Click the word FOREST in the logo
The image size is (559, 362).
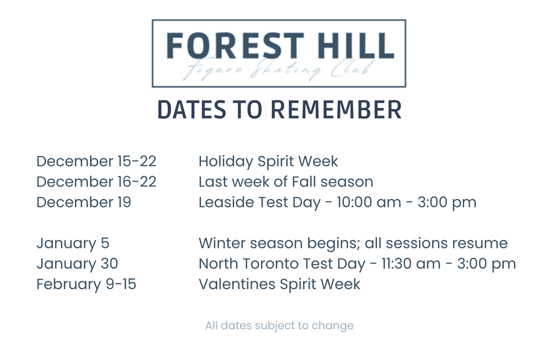(x=235, y=46)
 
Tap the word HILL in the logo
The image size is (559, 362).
(x=356, y=46)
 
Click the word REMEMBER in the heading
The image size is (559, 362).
(x=336, y=109)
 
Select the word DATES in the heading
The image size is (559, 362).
(x=192, y=109)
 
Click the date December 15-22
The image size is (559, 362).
(x=96, y=161)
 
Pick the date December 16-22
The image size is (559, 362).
(x=96, y=182)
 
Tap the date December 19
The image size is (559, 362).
(x=84, y=202)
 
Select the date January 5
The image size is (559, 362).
(x=73, y=244)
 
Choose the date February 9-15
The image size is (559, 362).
(x=86, y=285)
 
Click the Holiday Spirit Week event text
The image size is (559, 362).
(x=268, y=162)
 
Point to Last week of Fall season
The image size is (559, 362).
(x=286, y=182)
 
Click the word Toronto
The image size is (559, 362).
(x=273, y=264)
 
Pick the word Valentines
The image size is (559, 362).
(x=237, y=284)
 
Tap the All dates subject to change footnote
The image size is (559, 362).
(x=280, y=326)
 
